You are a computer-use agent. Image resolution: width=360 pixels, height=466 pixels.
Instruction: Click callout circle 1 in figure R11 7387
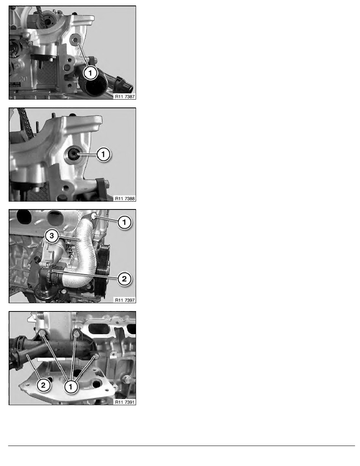[90, 73]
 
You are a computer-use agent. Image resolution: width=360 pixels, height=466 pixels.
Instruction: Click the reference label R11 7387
[125, 96]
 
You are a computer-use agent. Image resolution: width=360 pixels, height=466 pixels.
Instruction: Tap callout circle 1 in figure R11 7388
[104, 154]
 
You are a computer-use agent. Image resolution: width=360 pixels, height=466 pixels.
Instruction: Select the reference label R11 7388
[125, 198]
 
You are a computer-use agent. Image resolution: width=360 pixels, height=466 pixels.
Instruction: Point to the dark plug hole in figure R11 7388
[73, 154]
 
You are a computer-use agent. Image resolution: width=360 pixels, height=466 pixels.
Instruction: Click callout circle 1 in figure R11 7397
[124, 222]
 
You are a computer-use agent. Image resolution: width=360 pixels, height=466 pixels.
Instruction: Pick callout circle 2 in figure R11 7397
[124, 279]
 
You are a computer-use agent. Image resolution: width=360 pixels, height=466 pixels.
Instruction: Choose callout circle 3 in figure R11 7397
[52, 236]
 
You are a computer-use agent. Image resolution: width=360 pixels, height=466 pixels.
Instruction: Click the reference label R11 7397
[125, 300]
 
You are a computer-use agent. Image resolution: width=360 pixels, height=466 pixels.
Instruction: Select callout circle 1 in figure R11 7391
[71, 387]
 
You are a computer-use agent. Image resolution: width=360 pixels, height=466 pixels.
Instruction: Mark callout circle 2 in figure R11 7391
[44, 386]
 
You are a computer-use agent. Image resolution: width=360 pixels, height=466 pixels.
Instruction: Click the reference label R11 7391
[125, 402]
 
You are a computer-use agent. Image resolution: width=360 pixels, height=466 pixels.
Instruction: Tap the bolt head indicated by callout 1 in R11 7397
[94, 216]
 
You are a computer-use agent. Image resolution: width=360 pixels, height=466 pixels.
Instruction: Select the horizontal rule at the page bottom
[182, 446]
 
